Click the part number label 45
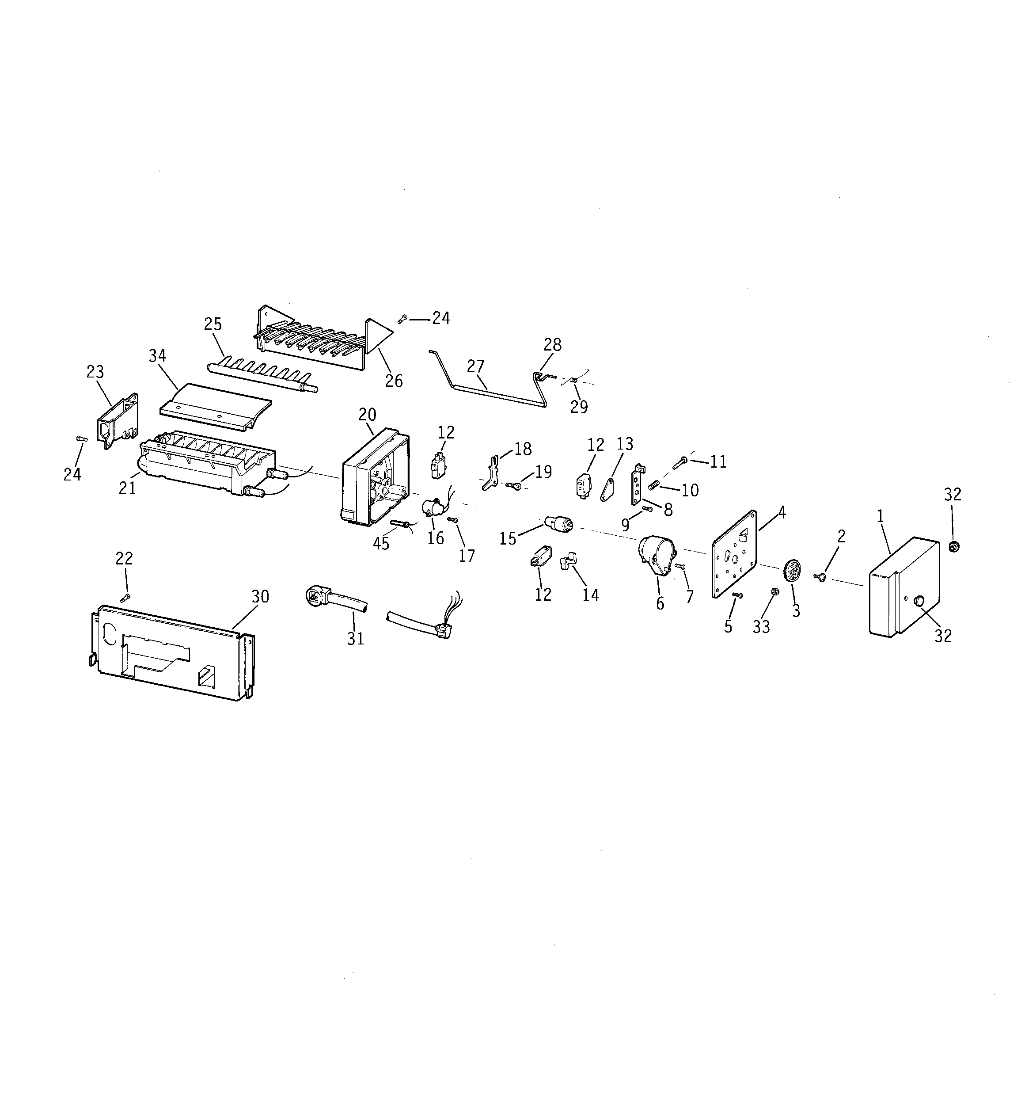point(381,544)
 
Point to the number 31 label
point(355,638)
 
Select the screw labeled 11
point(678,465)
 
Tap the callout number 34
point(157,355)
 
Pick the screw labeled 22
point(126,597)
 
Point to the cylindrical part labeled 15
point(558,523)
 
